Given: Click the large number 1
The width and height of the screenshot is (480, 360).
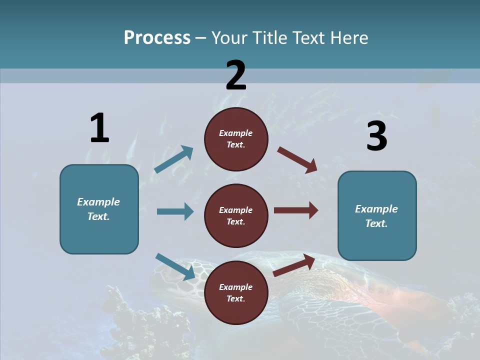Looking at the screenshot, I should (x=99, y=128).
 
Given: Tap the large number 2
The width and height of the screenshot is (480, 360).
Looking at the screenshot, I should (x=236, y=75).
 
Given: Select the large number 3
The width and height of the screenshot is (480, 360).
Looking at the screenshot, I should (x=376, y=136).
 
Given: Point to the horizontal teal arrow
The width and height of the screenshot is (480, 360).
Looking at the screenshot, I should (x=175, y=211).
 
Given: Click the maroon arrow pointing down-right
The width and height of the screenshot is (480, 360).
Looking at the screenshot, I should (x=297, y=159).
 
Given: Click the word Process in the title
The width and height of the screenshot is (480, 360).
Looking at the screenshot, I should (x=157, y=37).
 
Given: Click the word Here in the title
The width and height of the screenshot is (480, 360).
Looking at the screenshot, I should (x=348, y=37).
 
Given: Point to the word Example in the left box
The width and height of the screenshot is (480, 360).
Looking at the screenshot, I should (x=98, y=202).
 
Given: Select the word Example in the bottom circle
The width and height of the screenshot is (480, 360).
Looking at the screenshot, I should (x=236, y=287).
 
